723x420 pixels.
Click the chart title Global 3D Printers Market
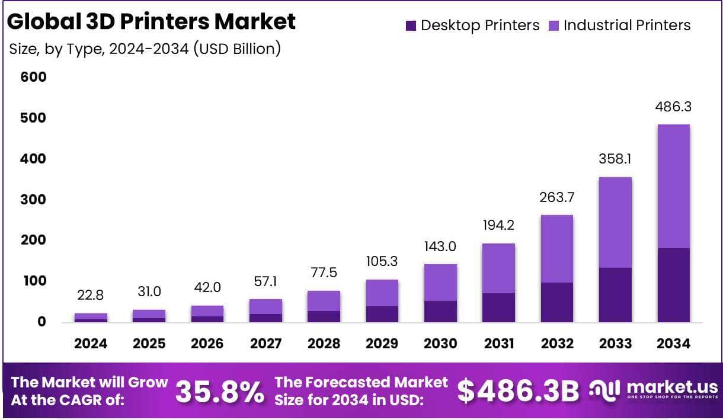151,21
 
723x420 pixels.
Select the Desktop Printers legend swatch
411,25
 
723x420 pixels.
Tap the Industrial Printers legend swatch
554,25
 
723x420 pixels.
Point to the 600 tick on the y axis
33,77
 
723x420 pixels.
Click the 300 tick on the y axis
33,200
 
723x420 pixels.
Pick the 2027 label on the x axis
265,344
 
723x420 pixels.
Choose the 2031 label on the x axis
498,344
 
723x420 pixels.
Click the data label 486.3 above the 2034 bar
673,107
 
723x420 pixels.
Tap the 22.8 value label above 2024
91,294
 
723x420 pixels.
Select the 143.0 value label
440,246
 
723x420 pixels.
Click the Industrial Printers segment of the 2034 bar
673,186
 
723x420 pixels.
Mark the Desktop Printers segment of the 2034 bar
673,285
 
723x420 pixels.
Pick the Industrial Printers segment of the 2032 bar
556,249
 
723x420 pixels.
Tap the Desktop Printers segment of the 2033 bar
615,295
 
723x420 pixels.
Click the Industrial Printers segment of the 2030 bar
440,283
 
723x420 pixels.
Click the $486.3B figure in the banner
519,391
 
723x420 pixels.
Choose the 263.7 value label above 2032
556,197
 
